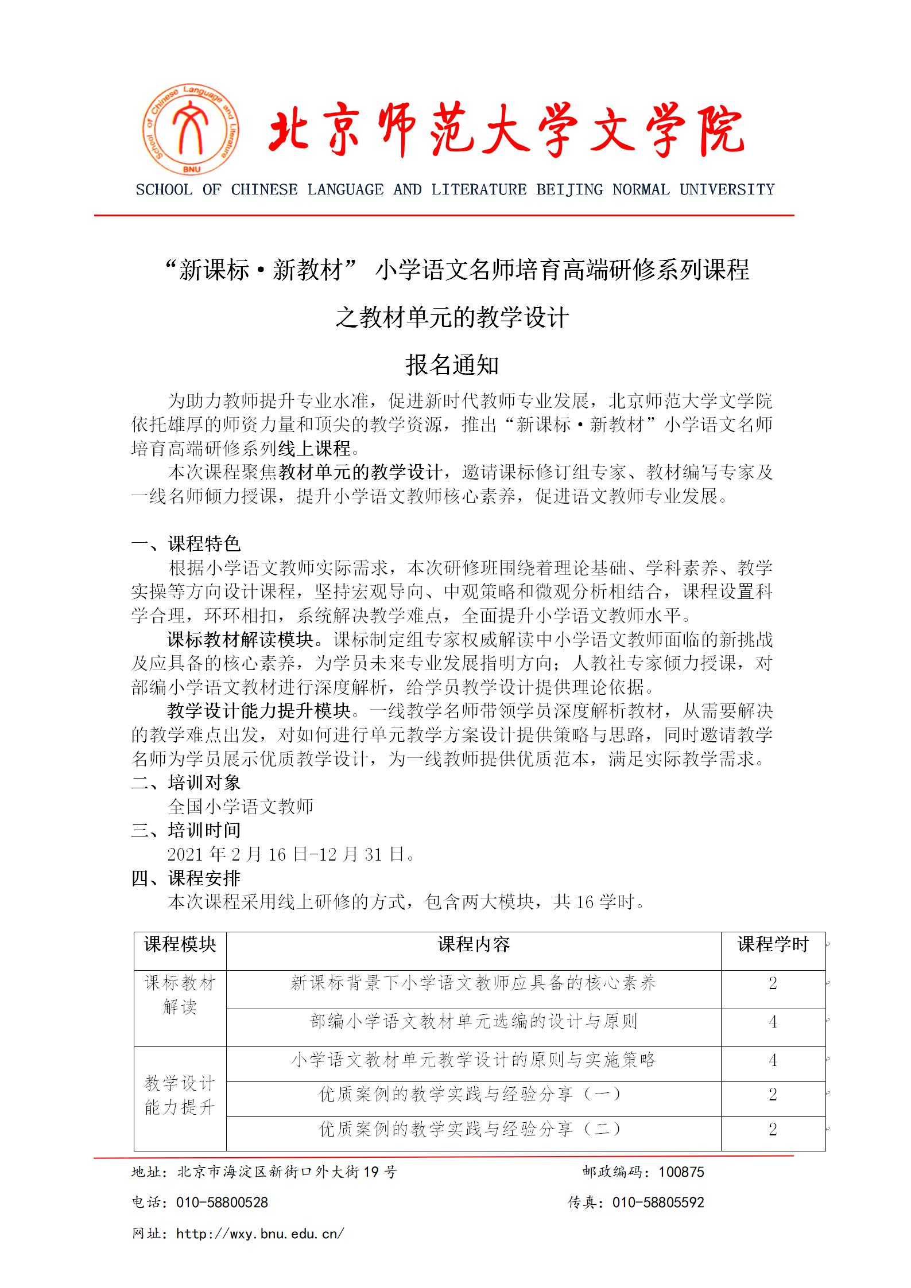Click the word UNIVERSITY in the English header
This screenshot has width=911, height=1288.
click(x=727, y=190)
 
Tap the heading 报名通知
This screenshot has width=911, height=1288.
click(x=452, y=365)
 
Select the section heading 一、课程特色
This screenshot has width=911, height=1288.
click(x=186, y=543)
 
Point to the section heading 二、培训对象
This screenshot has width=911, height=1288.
click(x=186, y=783)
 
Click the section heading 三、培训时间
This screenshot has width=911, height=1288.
click(x=186, y=830)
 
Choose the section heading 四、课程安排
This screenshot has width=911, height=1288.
click(x=186, y=878)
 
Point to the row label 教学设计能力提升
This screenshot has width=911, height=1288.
click(x=180, y=1095)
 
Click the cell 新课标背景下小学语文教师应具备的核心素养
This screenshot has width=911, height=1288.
click(x=474, y=983)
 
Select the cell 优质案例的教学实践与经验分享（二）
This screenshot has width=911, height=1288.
click(x=470, y=1130)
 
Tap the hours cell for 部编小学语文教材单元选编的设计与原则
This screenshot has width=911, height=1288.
click(x=773, y=1022)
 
